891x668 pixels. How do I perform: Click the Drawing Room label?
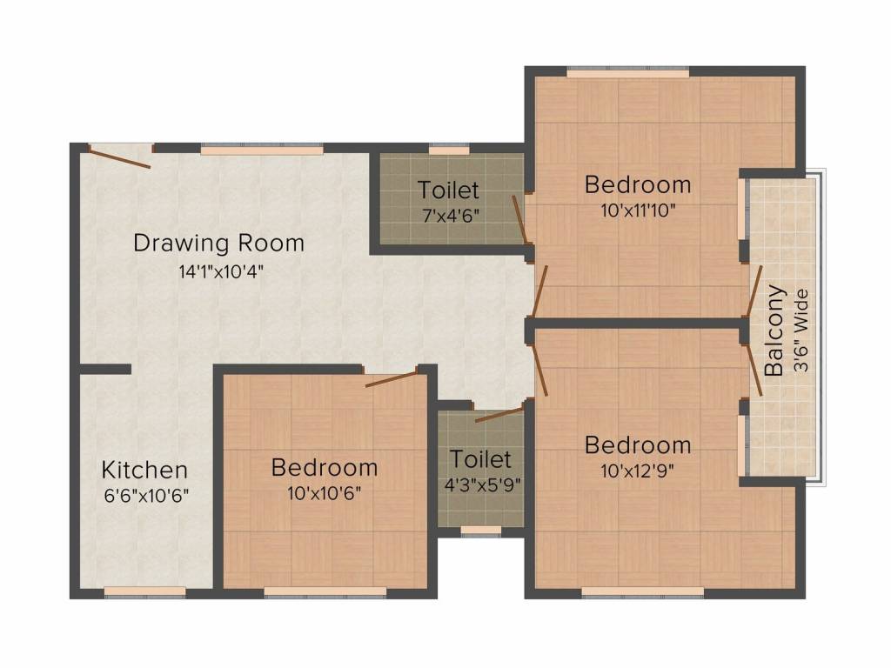(218, 244)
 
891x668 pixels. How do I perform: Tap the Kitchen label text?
(144, 471)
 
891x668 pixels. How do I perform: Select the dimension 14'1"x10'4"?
(221, 272)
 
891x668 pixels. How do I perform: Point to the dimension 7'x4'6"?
(450, 216)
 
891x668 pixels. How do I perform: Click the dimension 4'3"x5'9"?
(482, 485)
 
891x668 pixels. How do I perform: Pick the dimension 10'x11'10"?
(638, 210)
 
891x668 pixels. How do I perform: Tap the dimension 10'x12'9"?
(638, 471)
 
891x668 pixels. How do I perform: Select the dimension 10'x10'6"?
(325, 493)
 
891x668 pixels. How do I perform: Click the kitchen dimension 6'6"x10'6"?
(146, 496)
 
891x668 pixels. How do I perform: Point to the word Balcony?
(774, 331)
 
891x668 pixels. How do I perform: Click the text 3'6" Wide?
(801, 331)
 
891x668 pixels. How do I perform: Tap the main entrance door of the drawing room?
(119, 158)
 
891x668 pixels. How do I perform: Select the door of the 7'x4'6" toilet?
(520, 220)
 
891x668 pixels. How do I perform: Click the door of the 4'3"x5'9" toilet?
(499, 414)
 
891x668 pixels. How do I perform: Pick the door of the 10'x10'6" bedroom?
(392, 379)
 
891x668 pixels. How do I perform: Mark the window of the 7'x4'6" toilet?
(449, 150)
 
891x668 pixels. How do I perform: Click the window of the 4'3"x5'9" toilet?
(480, 531)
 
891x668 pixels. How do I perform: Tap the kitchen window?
(145, 591)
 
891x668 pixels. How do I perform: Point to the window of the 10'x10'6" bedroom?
(325, 591)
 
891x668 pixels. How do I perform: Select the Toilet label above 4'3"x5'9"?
(480, 459)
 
